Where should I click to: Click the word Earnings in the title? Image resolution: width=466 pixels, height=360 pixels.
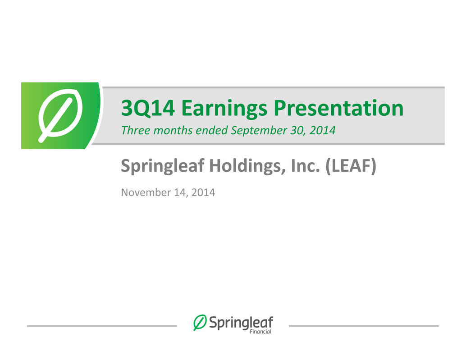click(224, 109)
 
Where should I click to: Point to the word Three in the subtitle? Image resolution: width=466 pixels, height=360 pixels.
click(136, 130)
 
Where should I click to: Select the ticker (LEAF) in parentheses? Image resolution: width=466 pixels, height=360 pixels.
click(351, 166)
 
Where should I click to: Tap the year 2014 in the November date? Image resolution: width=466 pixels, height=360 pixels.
click(203, 192)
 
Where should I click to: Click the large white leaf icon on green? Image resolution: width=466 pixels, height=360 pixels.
click(60, 116)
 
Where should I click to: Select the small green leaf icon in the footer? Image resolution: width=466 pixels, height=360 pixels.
click(200, 323)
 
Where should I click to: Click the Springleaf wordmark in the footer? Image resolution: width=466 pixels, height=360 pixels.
click(241, 323)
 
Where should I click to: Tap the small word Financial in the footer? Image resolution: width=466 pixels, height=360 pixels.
click(260, 332)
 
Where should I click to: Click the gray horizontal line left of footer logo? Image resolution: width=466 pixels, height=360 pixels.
click(102, 326)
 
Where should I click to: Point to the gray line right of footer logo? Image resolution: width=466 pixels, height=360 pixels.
click(364, 326)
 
